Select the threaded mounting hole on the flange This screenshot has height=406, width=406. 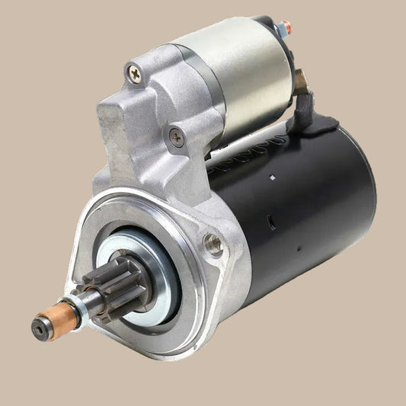coord(213,244)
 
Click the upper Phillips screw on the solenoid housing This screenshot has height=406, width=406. coord(134,73)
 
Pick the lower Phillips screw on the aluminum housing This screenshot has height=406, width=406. coord(177,138)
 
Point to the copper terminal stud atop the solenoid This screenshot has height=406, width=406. coord(286,28)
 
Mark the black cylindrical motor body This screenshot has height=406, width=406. coord(305,206)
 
